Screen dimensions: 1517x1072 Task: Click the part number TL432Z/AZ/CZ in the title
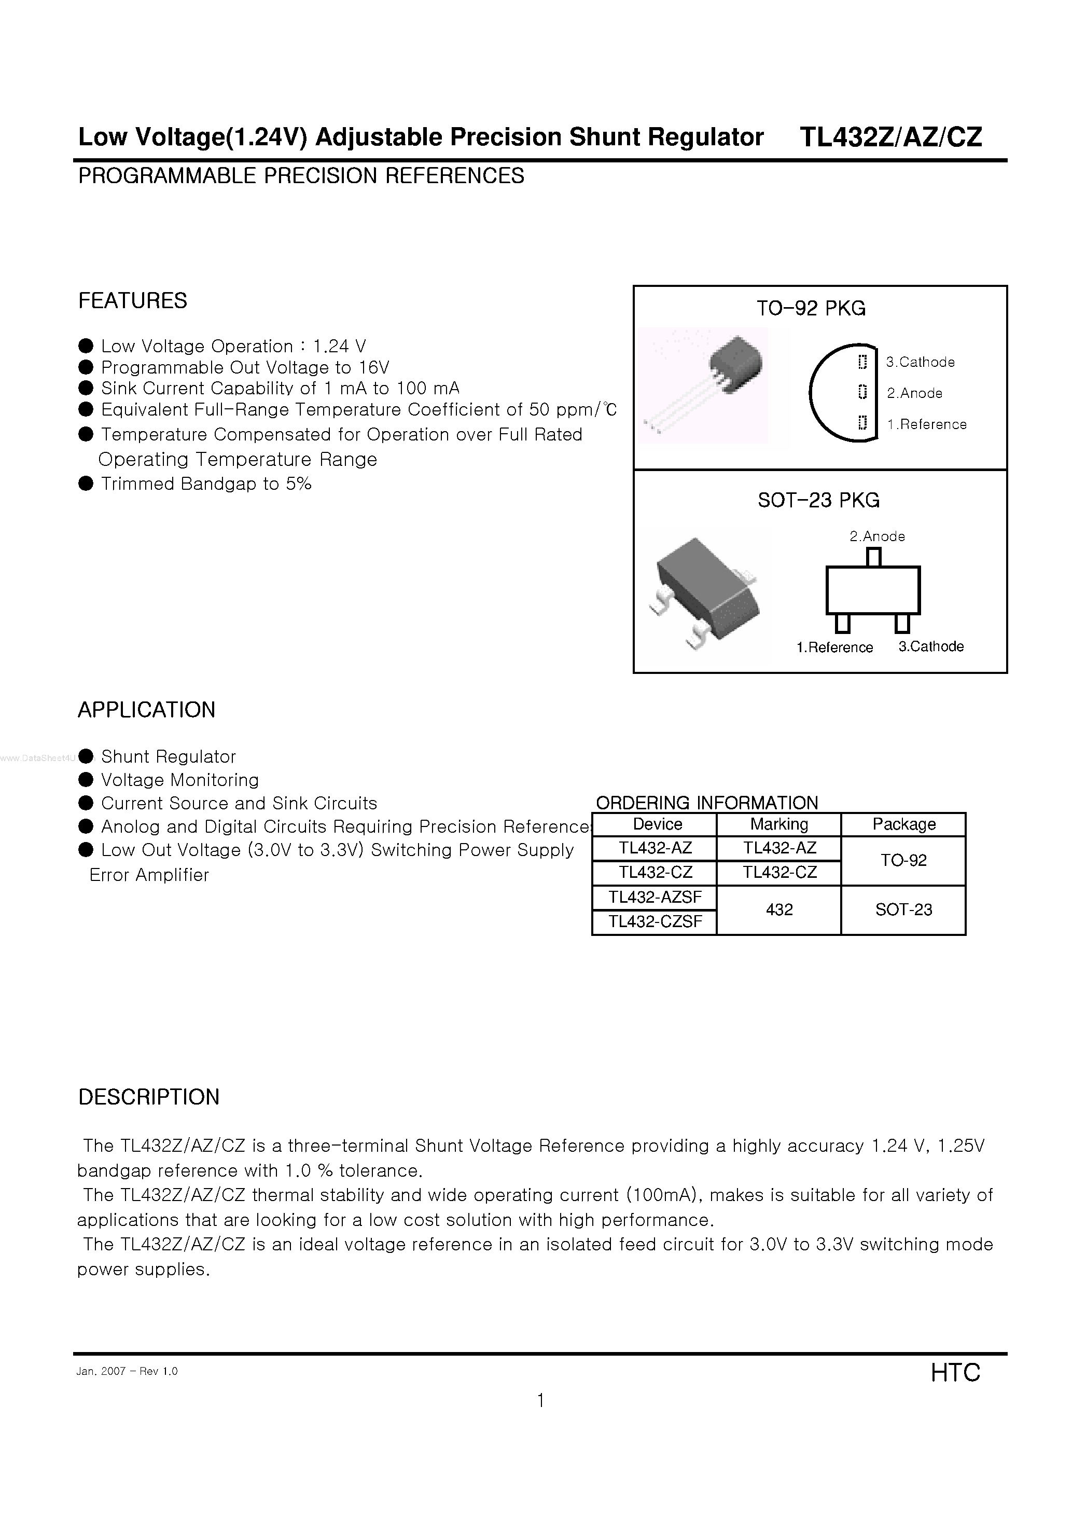tap(890, 137)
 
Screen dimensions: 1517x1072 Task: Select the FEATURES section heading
tap(132, 300)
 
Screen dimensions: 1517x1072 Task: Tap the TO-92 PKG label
tap(811, 309)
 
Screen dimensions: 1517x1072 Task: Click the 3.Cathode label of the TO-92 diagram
tap(920, 362)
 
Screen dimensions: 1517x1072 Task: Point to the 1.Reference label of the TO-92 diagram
tap(927, 424)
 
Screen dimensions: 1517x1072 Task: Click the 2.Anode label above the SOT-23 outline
tap(877, 536)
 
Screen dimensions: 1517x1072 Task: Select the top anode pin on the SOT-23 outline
tap(874, 558)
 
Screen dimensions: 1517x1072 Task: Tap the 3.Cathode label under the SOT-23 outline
tap(930, 646)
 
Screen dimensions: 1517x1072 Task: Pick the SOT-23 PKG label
tap(818, 500)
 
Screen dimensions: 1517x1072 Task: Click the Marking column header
tap(779, 824)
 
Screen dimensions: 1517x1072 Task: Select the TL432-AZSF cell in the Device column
tap(655, 897)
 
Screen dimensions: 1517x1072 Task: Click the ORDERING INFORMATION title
tap(707, 803)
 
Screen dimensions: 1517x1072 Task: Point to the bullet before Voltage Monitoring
tap(86, 780)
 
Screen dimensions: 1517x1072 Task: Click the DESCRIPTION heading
tap(149, 1097)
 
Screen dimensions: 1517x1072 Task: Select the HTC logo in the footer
tap(955, 1372)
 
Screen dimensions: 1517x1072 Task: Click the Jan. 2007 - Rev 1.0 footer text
tap(127, 1371)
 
